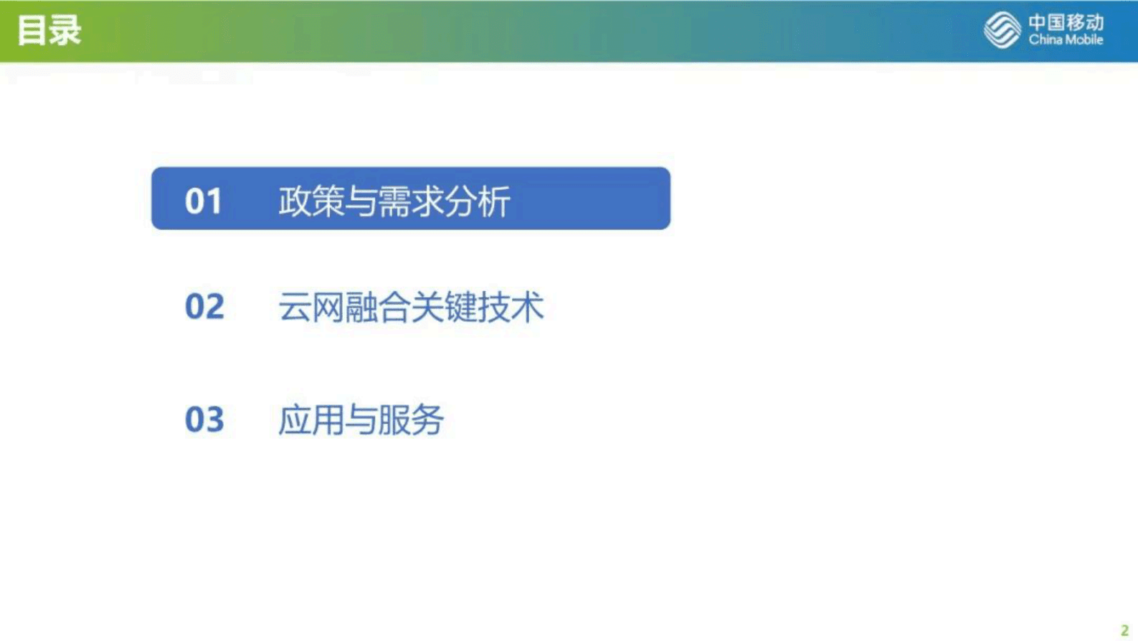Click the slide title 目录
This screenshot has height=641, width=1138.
(49, 31)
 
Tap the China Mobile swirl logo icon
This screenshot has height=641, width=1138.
(1002, 30)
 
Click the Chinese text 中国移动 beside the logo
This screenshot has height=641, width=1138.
(1066, 22)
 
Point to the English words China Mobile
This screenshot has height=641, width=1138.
(1066, 40)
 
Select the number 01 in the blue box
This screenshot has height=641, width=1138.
(204, 201)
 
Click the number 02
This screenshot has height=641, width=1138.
(204, 307)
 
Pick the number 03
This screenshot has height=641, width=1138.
(204, 419)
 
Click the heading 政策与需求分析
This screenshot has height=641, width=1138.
(394, 201)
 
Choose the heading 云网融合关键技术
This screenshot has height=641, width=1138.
(411, 307)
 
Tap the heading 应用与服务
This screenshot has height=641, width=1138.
(361, 419)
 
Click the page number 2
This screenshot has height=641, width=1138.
(1124, 631)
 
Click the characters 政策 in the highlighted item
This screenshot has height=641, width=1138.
(311, 201)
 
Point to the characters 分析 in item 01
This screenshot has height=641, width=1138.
(477, 201)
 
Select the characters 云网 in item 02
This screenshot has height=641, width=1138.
(311, 307)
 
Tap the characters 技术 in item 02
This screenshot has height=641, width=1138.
(511, 307)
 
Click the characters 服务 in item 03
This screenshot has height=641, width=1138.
(411, 419)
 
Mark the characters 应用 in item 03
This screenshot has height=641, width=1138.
(311, 419)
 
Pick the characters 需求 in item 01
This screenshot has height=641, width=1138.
(411, 201)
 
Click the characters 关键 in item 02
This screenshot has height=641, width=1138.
(444, 307)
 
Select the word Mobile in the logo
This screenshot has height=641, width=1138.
(1084, 40)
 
